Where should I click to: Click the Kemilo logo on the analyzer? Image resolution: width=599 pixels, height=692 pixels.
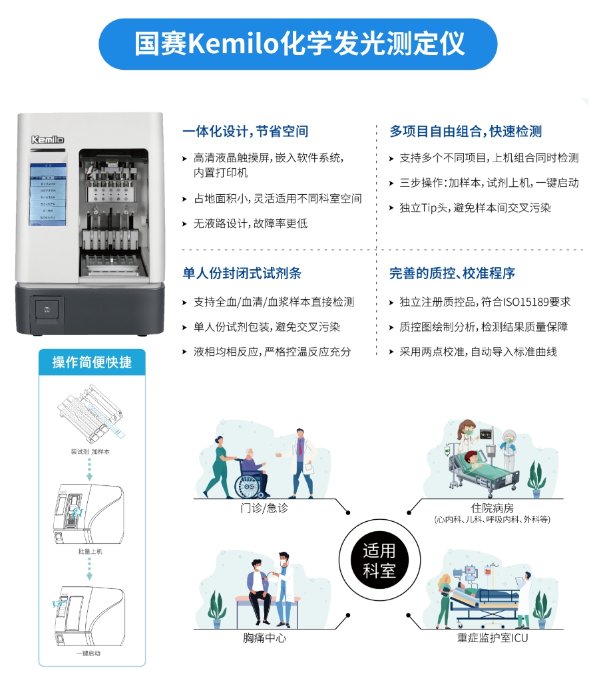[x=47, y=140]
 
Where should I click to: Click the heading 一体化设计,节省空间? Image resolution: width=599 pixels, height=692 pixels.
[x=245, y=132]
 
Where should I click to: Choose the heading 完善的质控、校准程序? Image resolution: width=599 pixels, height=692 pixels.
[x=452, y=273]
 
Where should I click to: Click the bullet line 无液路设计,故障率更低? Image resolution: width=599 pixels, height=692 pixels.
[x=250, y=223]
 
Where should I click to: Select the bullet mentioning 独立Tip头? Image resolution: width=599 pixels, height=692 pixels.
[x=475, y=208]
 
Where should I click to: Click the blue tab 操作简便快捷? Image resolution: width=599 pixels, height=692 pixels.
[x=92, y=362]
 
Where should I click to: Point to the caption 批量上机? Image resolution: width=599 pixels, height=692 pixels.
[x=91, y=552]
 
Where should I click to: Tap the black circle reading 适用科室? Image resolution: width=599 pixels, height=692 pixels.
[x=379, y=560]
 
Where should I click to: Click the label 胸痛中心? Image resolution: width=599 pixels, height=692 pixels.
[x=265, y=639]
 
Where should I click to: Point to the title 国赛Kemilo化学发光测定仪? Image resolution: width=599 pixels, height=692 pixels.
[x=299, y=44]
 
